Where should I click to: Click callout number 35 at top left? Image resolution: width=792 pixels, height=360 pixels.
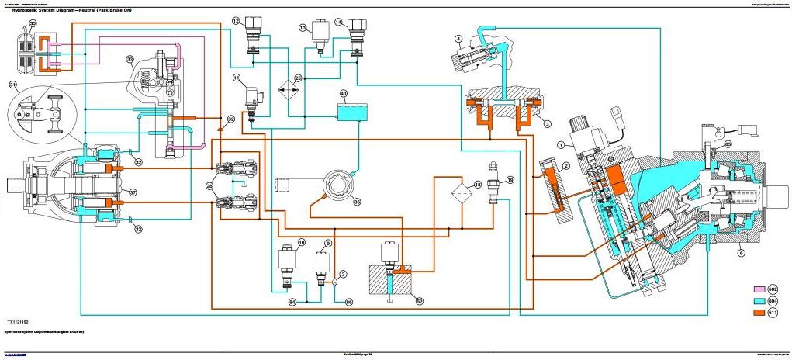tap(32, 24)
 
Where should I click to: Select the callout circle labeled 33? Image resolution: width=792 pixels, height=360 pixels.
tap(130, 59)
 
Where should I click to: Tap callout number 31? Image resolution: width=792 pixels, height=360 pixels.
tap(13, 85)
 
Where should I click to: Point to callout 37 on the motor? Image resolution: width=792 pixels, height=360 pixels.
tap(133, 192)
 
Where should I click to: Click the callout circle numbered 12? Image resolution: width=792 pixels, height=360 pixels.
tap(236, 22)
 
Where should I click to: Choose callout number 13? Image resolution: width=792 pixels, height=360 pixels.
tap(303, 28)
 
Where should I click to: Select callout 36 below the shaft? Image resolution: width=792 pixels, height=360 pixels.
tap(357, 202)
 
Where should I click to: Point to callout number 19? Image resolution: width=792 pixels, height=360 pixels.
tap(510, 180)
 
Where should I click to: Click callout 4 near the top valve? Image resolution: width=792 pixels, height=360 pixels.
tap(458, 38)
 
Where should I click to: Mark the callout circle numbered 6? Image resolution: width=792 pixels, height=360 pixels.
tap(741, 251)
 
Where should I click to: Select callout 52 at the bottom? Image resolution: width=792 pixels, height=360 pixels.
tap(420, 301)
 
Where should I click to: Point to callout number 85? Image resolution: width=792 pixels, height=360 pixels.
tap(727, 144)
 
